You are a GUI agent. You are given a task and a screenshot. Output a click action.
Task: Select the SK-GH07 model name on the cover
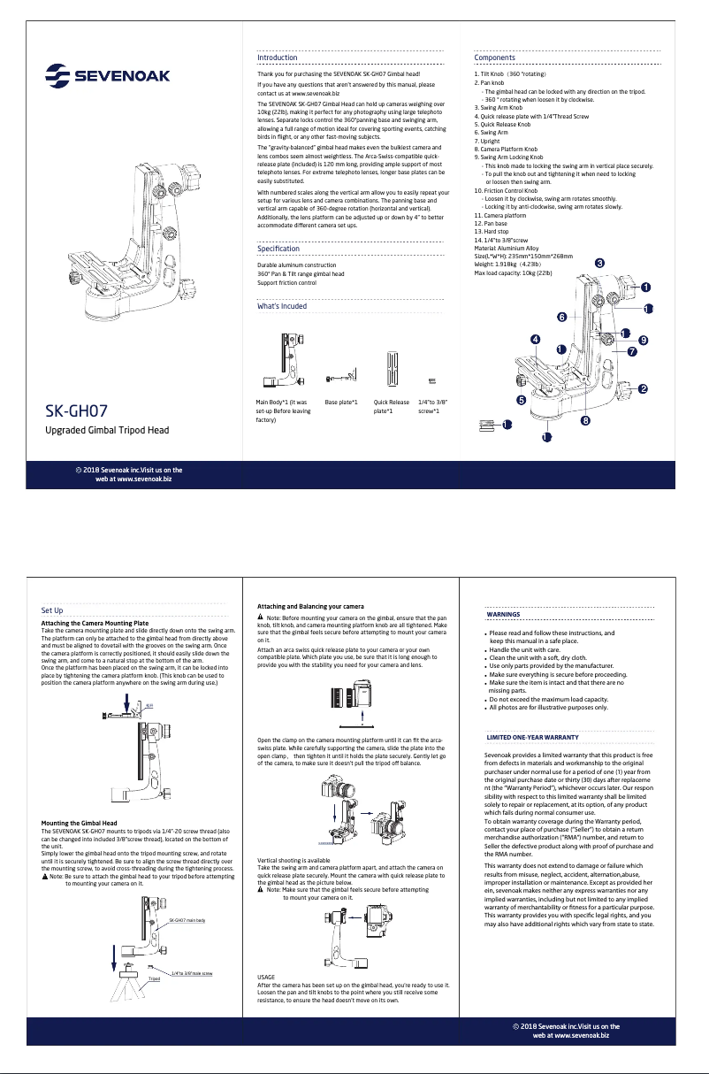click(77, 411)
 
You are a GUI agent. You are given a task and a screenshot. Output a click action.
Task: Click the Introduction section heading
click(277, 58)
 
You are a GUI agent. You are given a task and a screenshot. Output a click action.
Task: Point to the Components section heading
click(495, 58)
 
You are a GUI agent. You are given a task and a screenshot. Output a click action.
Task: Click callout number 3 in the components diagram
click(599, 263)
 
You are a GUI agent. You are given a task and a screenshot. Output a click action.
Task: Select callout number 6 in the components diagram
click(561, 317)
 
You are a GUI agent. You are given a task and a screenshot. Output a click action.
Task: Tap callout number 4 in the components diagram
click(535, 339)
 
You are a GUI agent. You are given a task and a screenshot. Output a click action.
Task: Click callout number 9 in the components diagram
click(644, 340)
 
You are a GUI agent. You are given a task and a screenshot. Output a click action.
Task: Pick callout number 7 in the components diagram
click(632, 352)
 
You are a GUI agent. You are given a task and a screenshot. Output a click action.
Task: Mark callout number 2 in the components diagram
click(643, 388)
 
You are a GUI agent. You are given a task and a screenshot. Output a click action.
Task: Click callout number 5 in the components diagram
click(521, 400)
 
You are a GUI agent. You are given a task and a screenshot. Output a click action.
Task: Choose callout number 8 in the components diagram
click(585, 420)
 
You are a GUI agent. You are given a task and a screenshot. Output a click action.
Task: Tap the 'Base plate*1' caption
click(341, 403)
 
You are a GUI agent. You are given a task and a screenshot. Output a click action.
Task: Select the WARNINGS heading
click(504, 614)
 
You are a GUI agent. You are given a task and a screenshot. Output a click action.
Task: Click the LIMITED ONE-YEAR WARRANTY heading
click(533, 737)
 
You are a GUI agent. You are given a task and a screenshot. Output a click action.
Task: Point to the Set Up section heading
click(52, 610)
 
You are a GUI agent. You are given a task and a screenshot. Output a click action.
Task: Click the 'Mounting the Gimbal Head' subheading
click(79, 823)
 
